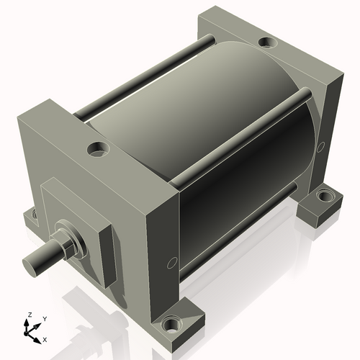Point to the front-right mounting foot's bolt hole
click(172, 325)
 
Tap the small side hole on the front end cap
click(171, 261)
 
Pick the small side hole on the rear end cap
click(318, 148)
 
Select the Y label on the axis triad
click(45, 318)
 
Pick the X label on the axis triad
click(45, 338)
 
